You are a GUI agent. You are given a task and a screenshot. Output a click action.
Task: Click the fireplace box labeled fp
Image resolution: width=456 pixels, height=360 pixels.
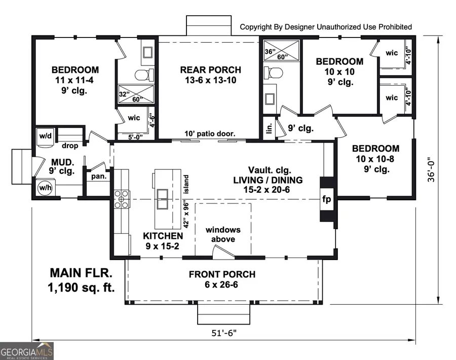click(x=327, y=199)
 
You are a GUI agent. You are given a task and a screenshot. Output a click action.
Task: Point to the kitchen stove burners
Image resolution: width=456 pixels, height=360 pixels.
click(x=122, y=199)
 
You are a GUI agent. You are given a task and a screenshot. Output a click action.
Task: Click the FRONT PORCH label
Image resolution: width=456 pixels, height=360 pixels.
click(x=222, y=279)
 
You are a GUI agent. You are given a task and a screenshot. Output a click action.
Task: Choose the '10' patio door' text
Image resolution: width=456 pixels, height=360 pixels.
click(x=210, y=134)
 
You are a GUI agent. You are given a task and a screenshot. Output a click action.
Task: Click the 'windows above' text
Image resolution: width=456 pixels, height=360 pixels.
click(x=223, y=234)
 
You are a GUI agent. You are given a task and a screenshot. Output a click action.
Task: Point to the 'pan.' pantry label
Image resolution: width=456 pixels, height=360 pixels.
click(x=98, y=176)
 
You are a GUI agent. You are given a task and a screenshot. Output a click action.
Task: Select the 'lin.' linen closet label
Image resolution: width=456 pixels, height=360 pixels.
click(x=269, y=127)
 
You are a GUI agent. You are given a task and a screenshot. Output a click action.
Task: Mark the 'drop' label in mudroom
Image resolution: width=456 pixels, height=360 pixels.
click(x=69, y=146)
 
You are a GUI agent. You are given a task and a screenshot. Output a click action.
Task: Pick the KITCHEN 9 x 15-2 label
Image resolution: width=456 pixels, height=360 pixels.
click(x=163, y=241)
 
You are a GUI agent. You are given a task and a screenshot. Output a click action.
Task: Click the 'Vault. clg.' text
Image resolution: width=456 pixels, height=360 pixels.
click(x=270, y=170)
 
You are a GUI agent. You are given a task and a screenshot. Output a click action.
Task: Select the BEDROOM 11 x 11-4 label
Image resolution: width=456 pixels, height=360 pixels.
click(x=75, y=80)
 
